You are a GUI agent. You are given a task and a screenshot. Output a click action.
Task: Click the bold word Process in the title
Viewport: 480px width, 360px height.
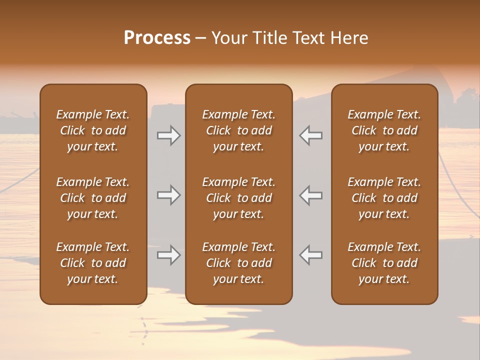157,38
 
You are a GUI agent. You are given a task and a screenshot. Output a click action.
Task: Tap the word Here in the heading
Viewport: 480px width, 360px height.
349,38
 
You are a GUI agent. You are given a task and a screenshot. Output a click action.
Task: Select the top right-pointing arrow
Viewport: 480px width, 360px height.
169,135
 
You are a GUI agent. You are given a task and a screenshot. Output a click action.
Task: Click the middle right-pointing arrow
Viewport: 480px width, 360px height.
169,195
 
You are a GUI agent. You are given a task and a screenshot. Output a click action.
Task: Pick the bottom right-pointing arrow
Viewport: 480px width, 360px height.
169,255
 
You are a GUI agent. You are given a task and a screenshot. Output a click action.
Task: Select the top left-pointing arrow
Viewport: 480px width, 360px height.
310,135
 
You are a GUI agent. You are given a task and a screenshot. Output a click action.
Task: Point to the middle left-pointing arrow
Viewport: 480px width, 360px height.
310,195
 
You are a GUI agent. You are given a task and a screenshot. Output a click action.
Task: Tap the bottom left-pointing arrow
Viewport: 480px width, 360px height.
310,255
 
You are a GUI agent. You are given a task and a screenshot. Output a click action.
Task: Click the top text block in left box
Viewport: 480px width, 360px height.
93,130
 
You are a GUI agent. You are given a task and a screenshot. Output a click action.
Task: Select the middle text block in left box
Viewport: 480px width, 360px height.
93,198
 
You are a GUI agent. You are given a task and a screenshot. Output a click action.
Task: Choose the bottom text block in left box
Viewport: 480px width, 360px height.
93,263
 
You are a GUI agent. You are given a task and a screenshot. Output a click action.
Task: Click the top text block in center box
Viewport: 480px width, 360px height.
238,130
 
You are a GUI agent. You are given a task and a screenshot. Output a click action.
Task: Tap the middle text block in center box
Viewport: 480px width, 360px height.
238,198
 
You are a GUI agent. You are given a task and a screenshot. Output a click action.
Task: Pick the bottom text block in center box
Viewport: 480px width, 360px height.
238,263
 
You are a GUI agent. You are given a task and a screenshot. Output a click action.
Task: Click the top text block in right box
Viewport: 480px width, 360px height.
384,130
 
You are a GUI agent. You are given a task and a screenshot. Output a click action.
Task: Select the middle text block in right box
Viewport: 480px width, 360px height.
384,198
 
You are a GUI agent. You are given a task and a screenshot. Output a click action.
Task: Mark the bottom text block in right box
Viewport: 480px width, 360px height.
384,263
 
